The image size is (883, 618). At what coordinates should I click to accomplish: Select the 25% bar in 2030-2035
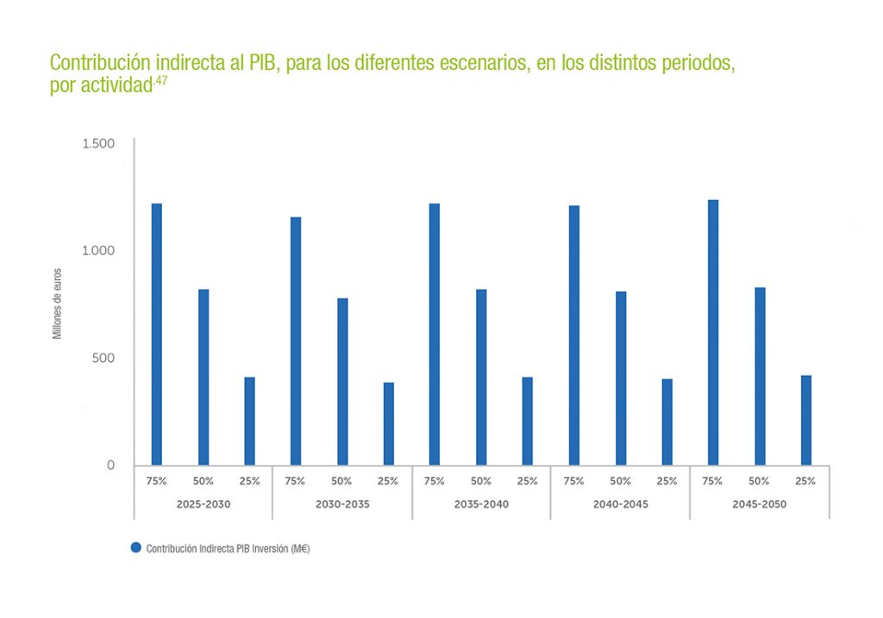point(388,424)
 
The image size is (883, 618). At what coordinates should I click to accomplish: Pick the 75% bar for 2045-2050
point(713,333)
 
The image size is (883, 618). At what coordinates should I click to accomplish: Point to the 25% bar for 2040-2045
point(667,422)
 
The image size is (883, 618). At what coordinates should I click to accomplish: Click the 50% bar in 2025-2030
point(204,378)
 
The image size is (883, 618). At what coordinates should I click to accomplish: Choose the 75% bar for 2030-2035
point(296,341)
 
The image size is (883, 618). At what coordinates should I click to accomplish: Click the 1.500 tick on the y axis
point(98,143)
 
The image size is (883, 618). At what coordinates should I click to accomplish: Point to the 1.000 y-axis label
point(98,251)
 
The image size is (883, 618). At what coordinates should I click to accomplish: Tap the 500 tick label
point(103,358)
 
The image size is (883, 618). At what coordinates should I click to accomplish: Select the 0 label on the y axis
point(110,465)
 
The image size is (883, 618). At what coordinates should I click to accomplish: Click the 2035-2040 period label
point(481,503)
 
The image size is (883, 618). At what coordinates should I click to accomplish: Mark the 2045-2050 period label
point(759,503)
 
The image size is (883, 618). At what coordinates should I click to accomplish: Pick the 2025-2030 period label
point(204,503)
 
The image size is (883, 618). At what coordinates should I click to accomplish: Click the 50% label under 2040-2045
point(620,481)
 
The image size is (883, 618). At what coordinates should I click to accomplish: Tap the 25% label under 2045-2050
point(805,481)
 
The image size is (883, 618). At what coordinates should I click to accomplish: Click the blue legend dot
point(135,548)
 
